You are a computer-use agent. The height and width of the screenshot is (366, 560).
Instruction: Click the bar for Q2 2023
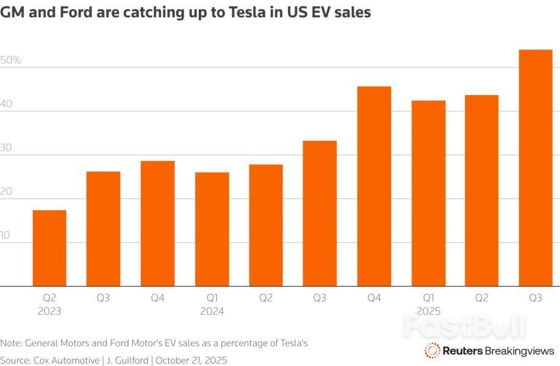coord(49,248)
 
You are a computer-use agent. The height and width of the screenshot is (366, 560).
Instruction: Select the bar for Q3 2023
coord(103,229)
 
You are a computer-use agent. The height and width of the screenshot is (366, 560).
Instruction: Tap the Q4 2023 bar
coord(157,223)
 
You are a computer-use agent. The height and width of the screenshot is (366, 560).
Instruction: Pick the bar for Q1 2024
coord(212,229)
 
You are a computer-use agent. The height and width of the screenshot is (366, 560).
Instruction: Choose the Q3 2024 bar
coord(320,213)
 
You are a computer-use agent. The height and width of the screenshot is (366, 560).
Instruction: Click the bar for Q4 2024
coord(374,186)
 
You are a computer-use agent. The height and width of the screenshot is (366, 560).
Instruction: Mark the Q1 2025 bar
coord(428,193)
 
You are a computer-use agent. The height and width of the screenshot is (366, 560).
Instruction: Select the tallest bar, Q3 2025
coord(536,168)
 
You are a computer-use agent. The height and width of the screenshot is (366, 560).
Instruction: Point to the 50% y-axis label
coord(11,60)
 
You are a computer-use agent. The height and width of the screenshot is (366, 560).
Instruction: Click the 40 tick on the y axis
coord(7,104)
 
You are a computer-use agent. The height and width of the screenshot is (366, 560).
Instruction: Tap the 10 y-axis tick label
coord(6,235)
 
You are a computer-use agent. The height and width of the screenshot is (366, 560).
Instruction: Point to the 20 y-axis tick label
coord(7,192)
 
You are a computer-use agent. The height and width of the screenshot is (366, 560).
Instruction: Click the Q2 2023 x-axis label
coord(49,304)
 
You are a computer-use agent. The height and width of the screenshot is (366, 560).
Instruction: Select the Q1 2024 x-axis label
coord(212,304)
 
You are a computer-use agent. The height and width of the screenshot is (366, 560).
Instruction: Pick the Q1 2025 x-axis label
coord(428,304)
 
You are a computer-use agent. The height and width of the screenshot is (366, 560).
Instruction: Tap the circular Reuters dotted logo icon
coord(433,350)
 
